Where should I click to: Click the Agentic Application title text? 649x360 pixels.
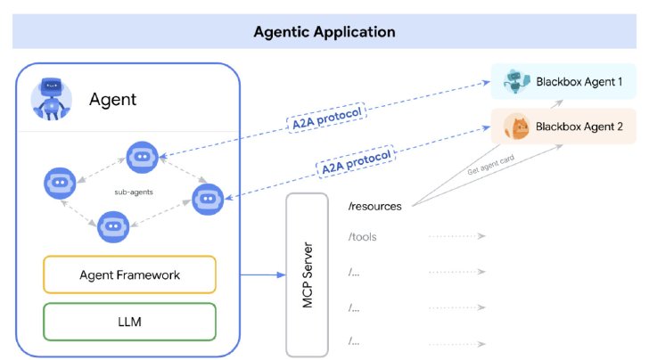pos(324,32)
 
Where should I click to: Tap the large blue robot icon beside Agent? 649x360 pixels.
pos(52,99)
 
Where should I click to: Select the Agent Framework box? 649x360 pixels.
pos(129,274)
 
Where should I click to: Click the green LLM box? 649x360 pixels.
pos(129,322)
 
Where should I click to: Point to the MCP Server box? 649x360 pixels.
pos(307,274)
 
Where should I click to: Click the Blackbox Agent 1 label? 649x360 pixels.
pos(579,81)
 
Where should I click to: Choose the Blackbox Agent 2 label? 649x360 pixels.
pos(579,127)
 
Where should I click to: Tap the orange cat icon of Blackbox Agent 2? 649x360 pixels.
pos(516,127)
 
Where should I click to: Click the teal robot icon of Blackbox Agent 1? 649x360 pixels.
pos(516,81)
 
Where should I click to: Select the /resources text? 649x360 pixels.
pos(375,206)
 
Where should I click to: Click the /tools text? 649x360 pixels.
pos(363,237)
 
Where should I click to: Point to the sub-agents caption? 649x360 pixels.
pos(134,192)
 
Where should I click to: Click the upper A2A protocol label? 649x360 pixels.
pos(326,117)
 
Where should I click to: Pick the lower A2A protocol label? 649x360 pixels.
pos(356,161)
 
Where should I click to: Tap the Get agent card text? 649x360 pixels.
pos(490,165)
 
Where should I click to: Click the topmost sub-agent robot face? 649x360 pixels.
pos(142,157)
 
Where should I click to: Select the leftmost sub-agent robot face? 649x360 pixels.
pos(60,183)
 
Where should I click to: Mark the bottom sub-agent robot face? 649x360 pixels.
pos(113,226)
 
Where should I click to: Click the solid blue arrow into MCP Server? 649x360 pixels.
pos(263,274)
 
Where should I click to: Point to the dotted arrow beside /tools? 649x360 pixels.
pos(457,236)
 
